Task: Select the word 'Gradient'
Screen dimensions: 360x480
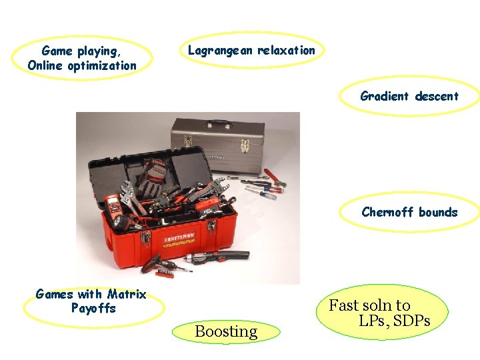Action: click(x=384, y=96)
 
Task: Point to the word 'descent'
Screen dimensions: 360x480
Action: click(x=437, y=96)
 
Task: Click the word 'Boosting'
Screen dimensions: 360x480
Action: click(x=226, y=331)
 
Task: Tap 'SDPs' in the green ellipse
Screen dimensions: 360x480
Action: click(x=411, y=321)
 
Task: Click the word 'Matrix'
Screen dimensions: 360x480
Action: click(x=127, y=294)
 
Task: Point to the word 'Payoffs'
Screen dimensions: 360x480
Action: click(x=93, y=309)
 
